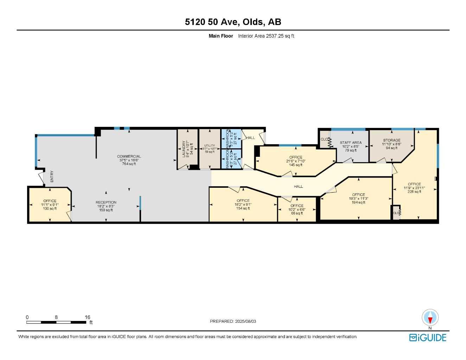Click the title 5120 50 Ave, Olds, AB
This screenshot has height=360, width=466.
coord(233,22)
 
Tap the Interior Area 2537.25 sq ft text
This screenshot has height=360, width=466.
coord(266,36)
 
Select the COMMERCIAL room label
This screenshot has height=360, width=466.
coord(129,156)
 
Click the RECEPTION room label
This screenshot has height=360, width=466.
coord(106,202)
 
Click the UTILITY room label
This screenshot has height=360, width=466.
coord(210,146)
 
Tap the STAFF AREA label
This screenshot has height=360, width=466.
coord(351,143)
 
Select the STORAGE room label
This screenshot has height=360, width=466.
coord(391,140)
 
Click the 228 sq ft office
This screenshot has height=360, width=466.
coord(414,188)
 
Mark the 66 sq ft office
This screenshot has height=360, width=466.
coord(297,210)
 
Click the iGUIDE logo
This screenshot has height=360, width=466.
coord(428,337)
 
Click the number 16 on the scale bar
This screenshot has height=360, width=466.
coord(87,317)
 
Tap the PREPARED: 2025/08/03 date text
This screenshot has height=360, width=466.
coord(233,321)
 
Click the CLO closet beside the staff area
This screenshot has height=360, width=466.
coord(324,139)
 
